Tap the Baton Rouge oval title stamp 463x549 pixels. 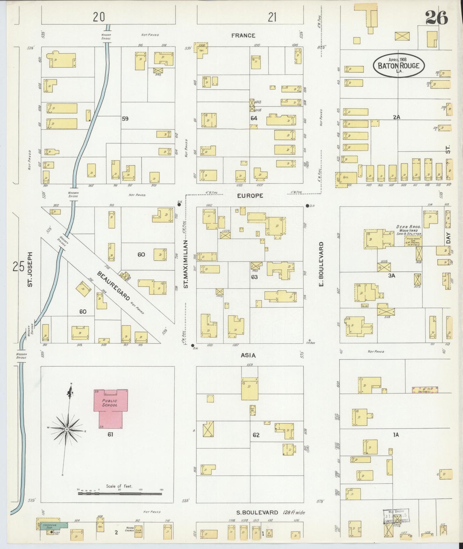coord(399,65)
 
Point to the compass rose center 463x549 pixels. coord(67,429)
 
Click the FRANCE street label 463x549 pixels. coord(243,36)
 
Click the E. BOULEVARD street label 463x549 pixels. coord(321,264)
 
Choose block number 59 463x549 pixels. coord(125,119)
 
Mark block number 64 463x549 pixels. coord(254,118)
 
